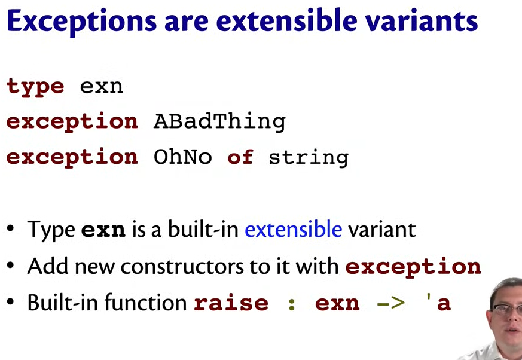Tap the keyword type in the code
coord(35,87)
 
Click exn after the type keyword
coord(102,87)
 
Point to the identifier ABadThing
coord(219,122)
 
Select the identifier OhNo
coord(182,157)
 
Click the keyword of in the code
coord(240,157)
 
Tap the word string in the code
coord(309,158)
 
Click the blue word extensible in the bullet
coord(294,229)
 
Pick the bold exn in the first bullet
coord(103,230)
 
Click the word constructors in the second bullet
coord(182,267)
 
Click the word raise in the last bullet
coord(231,303)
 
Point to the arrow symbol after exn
coord(390,303)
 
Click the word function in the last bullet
coord(145,302)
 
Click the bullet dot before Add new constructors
coord(10,266)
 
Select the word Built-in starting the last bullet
coord(63,302)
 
